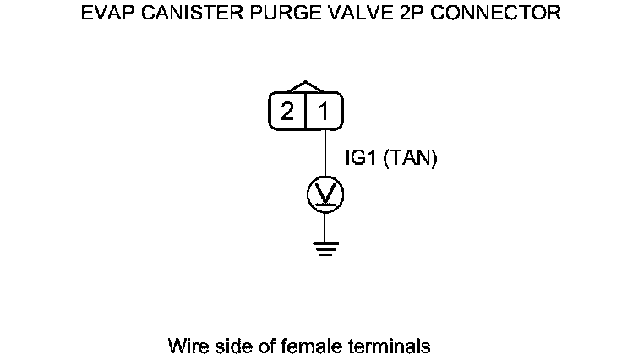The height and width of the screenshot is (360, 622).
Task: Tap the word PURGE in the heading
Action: click(x=275, y=14)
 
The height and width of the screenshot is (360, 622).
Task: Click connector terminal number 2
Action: click(x=287, y=112)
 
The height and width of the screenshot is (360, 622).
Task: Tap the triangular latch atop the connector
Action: click(x=305, y=87)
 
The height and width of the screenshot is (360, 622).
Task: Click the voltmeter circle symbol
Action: click(x=325, y=195)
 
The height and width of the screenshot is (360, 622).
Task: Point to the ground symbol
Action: click(x=325, y=247)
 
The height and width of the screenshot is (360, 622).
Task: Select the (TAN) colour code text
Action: click(x=411, y=159)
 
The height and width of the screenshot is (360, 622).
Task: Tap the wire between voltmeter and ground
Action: click(x=325, y=226)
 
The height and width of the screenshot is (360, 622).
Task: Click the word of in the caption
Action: click(x=262, y=346)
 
